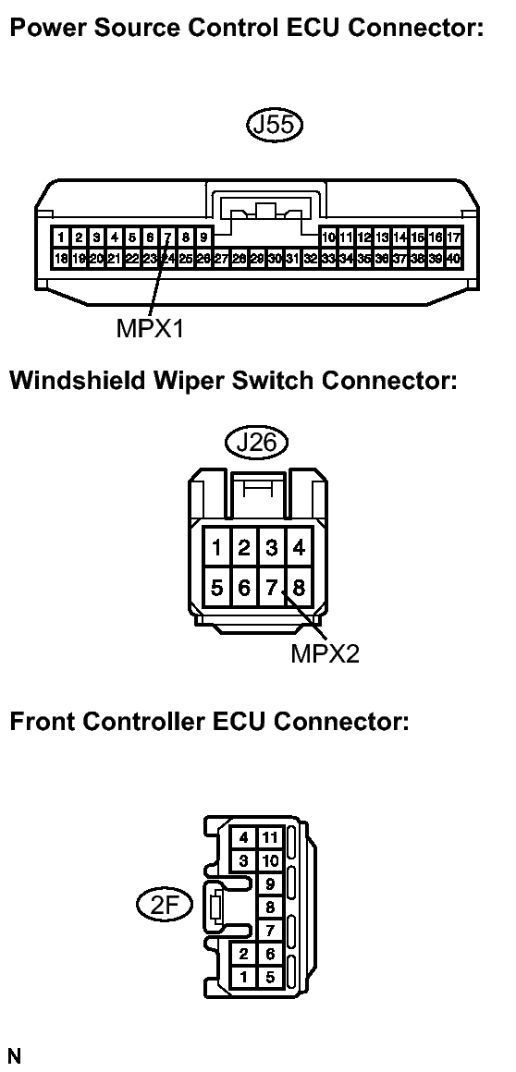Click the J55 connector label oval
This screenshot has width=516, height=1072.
point(274,126)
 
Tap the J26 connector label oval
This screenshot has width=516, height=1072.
point(256,444)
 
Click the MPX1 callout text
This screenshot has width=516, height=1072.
point(150,328)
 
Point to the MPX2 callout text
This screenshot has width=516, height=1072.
point(325,653)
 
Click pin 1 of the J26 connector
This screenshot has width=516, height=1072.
point(217,548)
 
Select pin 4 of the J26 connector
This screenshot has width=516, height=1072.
point(299,548)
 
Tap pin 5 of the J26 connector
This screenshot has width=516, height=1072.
point(217,587)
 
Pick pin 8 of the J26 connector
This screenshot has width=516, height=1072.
point(299,587)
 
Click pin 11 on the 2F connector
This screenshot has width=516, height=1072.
point(270,837)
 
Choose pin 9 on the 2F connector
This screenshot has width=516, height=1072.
point(270,883)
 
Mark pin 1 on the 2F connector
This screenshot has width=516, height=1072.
point(243,977)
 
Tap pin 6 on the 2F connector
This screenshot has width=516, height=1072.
point(270,954)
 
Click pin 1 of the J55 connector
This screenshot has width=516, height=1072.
point(61,238)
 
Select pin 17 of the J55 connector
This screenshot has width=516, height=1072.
point(453,238)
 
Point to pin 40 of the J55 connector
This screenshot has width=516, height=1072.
point(453,259)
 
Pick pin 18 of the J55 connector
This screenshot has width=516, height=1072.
point(61,259)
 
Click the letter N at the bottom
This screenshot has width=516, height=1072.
point(15,1056)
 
